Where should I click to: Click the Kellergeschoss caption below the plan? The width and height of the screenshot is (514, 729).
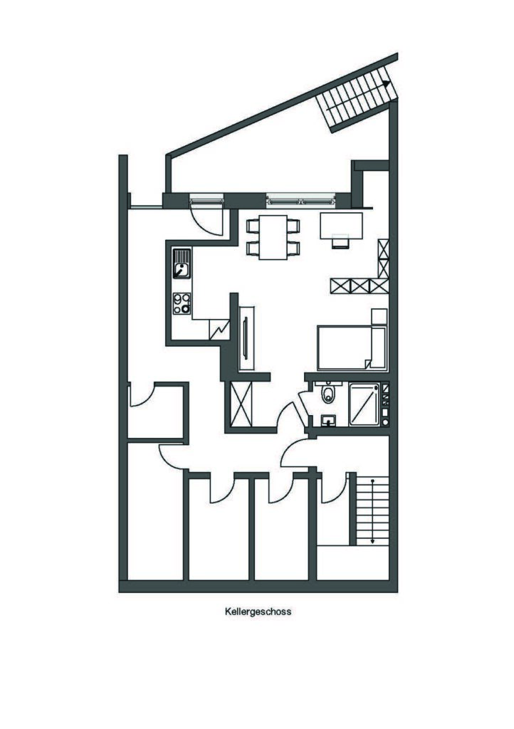[x=258, y=612]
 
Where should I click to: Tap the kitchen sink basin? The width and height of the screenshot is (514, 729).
[x=182, y=269]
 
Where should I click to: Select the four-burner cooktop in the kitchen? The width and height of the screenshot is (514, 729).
[x=182, y=303]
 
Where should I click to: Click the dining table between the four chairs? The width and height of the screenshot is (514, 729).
[x=273, y=237]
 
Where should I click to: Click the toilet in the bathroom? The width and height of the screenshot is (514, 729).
[x=328, y=393]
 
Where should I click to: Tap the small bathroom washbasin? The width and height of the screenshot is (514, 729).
[x=329, y=420]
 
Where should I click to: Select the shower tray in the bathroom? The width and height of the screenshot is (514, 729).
[x=364, y=404]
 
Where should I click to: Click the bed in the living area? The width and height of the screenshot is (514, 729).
[x=352, y=347]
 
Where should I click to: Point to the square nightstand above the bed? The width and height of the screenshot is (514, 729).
[x=379, y=316]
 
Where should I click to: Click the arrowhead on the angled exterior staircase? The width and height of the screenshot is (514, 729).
[x=386, y=84]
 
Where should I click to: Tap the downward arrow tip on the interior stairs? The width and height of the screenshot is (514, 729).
[x=372, y=541]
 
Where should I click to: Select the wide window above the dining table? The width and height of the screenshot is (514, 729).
[x=300, y=201]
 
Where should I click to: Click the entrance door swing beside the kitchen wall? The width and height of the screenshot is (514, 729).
[x=206, y=217]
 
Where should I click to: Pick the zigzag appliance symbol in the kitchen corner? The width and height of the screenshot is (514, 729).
[x=219, y=330]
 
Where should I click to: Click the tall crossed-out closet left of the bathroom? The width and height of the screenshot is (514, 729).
[x=241, y=404]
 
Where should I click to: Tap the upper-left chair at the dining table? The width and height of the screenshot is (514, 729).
[x=253, y=226]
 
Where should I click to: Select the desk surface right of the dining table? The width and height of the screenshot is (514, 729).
[x=341, y=226]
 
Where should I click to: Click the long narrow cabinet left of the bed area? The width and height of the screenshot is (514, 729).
[x=246, y=338]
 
